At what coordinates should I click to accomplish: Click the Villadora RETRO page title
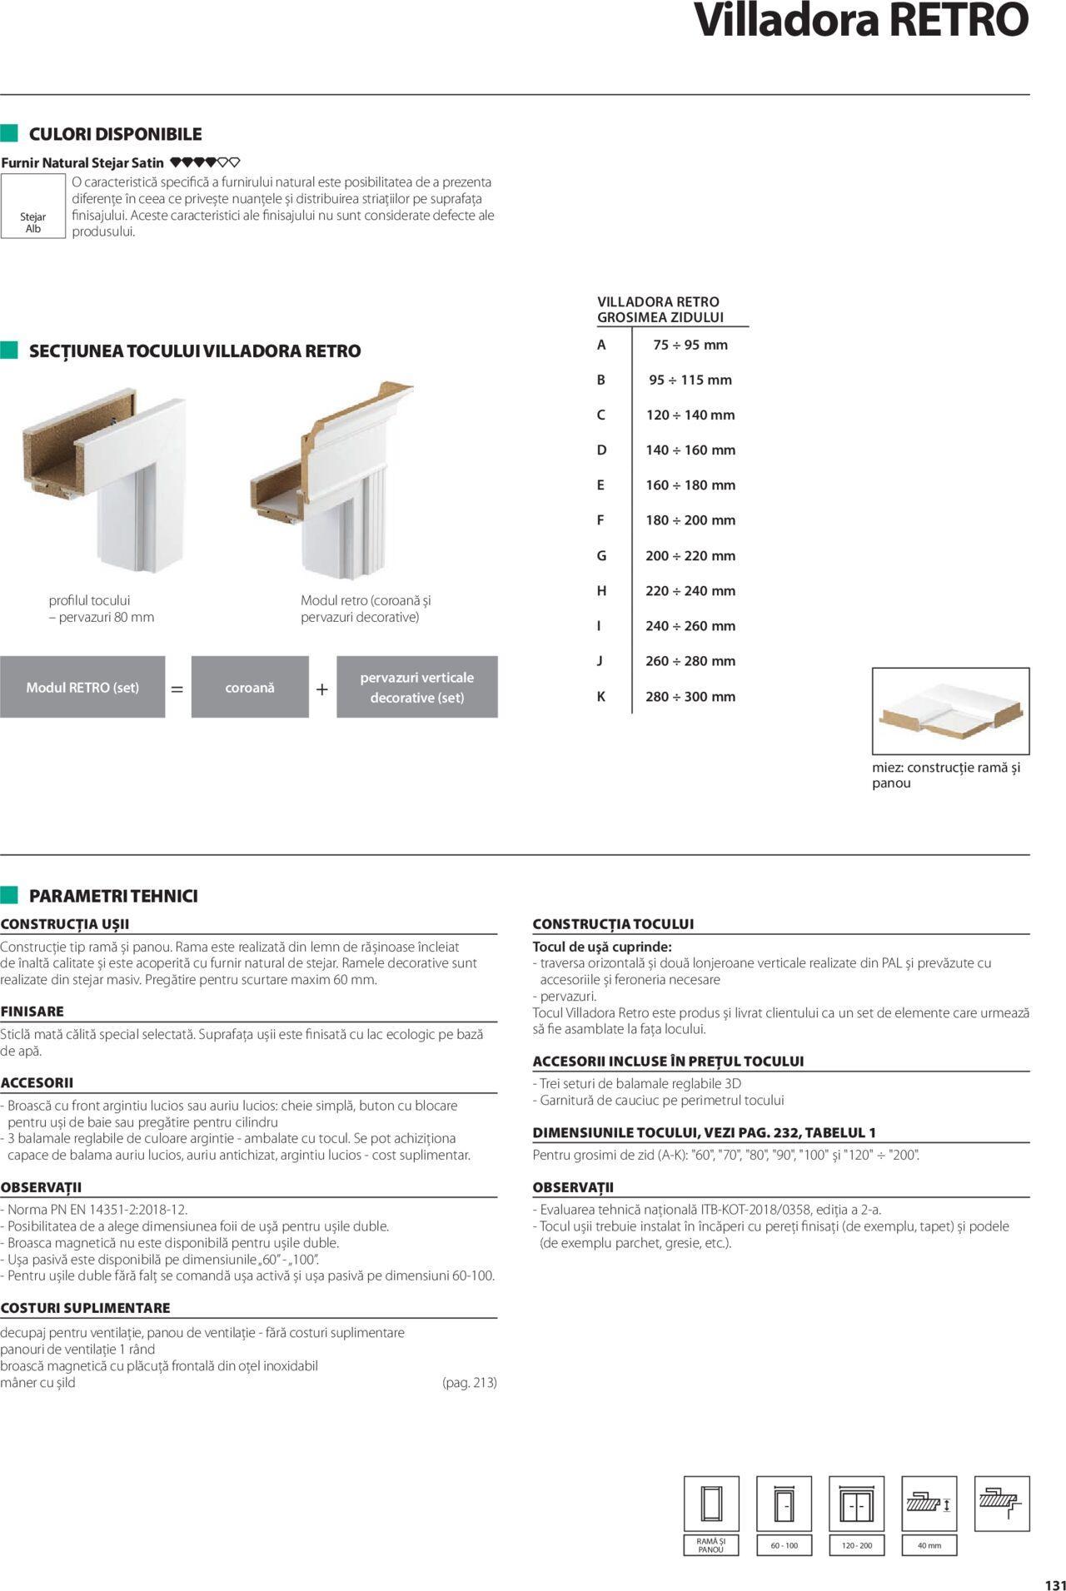861,22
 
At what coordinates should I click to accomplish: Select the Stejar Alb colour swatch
33,206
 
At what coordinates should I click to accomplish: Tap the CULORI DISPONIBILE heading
115,134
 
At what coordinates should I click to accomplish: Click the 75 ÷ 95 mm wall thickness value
690,345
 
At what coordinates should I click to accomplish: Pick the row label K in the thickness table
601,697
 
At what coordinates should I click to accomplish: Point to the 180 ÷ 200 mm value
690,520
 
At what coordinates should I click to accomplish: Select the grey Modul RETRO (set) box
82,687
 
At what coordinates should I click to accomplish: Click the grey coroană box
250,687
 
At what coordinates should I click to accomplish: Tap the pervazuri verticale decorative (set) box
416,687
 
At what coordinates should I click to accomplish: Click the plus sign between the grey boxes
322,689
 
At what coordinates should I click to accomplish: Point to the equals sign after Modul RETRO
177,689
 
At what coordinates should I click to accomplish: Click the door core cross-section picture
950,710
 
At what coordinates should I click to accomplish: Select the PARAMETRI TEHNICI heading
113,896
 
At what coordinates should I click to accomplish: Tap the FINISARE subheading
32,1011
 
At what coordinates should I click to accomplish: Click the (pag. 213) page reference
469,1382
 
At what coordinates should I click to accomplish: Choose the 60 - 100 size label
784,1545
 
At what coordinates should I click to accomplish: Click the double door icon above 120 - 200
857,1504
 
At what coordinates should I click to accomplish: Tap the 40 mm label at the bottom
929,1545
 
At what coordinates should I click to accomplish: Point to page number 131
1054,1584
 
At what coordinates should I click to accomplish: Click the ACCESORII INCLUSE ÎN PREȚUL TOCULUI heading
668,1061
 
